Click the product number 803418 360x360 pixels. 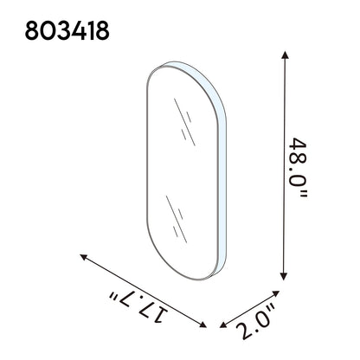coord(67,30)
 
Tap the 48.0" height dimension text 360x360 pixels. coord(298,168)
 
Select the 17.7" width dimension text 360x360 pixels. coord(138,306)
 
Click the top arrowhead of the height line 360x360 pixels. coord(286,55)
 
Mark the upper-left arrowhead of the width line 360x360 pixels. coord(83,256)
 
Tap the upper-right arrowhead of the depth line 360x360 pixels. coord(276,293)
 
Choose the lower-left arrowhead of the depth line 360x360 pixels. coord(222,325)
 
